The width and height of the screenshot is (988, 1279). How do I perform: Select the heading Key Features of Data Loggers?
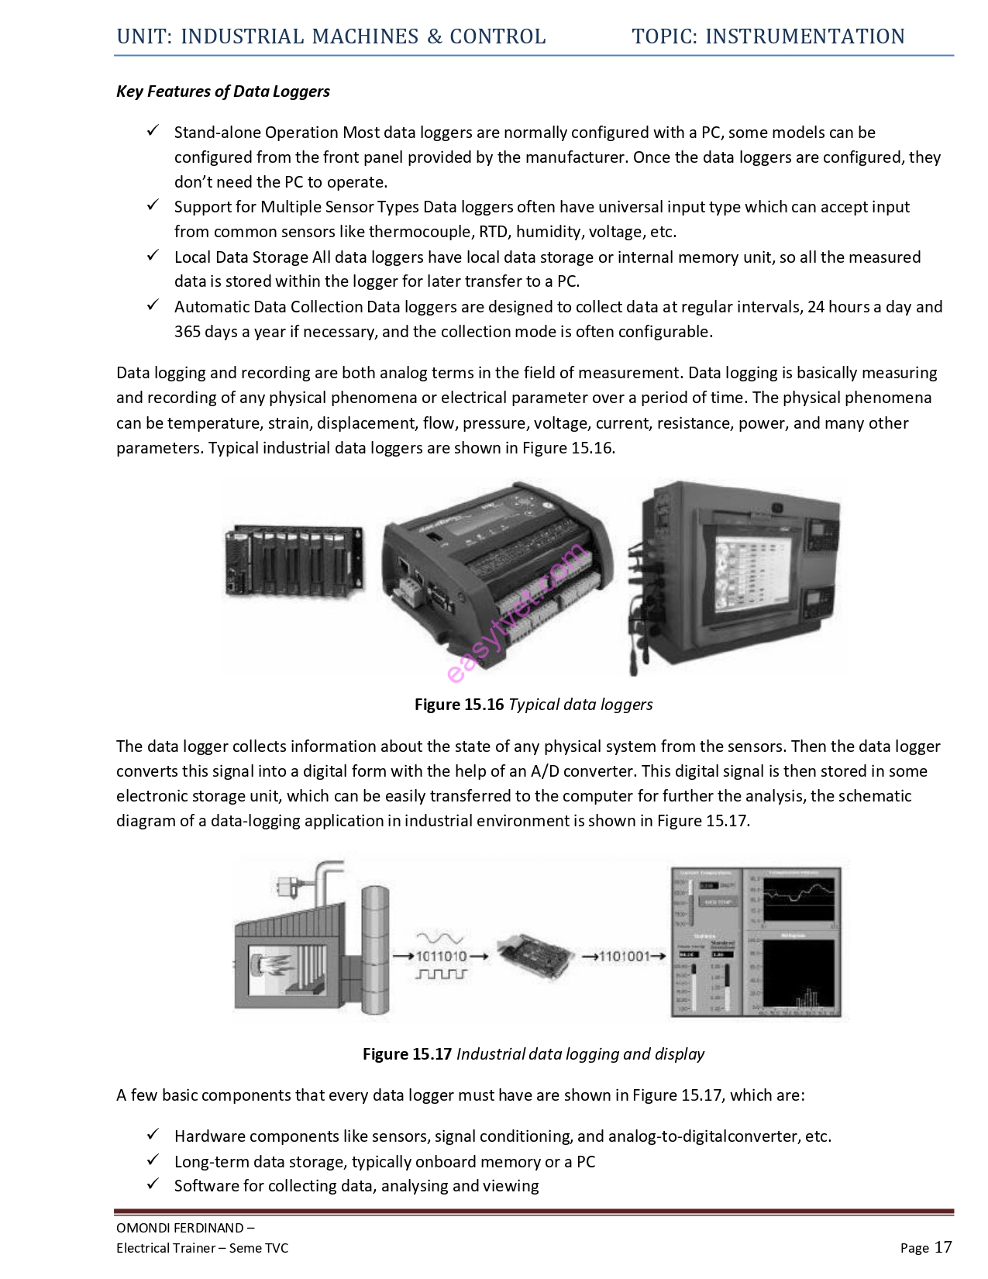click(223, 91)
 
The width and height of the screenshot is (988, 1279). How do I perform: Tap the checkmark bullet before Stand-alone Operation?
click(153, 131)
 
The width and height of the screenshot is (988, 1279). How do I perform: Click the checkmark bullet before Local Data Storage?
click(153, 256)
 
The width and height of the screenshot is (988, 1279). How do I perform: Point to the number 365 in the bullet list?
click(187, 332)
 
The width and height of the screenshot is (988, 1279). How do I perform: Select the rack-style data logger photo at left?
click(294, 560)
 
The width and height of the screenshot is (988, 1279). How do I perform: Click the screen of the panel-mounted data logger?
click(747, 575)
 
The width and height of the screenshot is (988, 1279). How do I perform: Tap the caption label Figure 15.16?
click(459, 705)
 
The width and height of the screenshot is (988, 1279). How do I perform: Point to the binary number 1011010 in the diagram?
click(441, 957)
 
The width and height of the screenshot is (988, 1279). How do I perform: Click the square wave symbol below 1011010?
click(441, 974)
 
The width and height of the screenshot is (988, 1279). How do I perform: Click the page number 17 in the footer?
click(942, 1247)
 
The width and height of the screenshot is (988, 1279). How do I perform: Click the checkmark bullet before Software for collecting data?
click(153, 1184)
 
